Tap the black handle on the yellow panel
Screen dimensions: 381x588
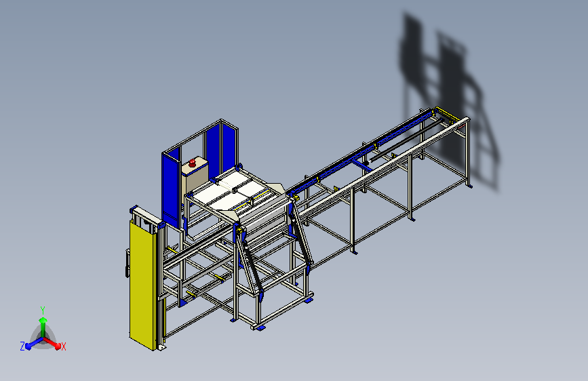coord(126,264)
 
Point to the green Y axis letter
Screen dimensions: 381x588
coord(42,309)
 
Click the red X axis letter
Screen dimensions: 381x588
coord(64,346)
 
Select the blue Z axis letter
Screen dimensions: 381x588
coord(22,346)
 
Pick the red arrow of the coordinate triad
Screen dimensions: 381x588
coord(54,342)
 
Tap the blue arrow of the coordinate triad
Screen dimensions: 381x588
coord(31,342)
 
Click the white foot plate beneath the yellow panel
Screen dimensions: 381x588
coord(161,347)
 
